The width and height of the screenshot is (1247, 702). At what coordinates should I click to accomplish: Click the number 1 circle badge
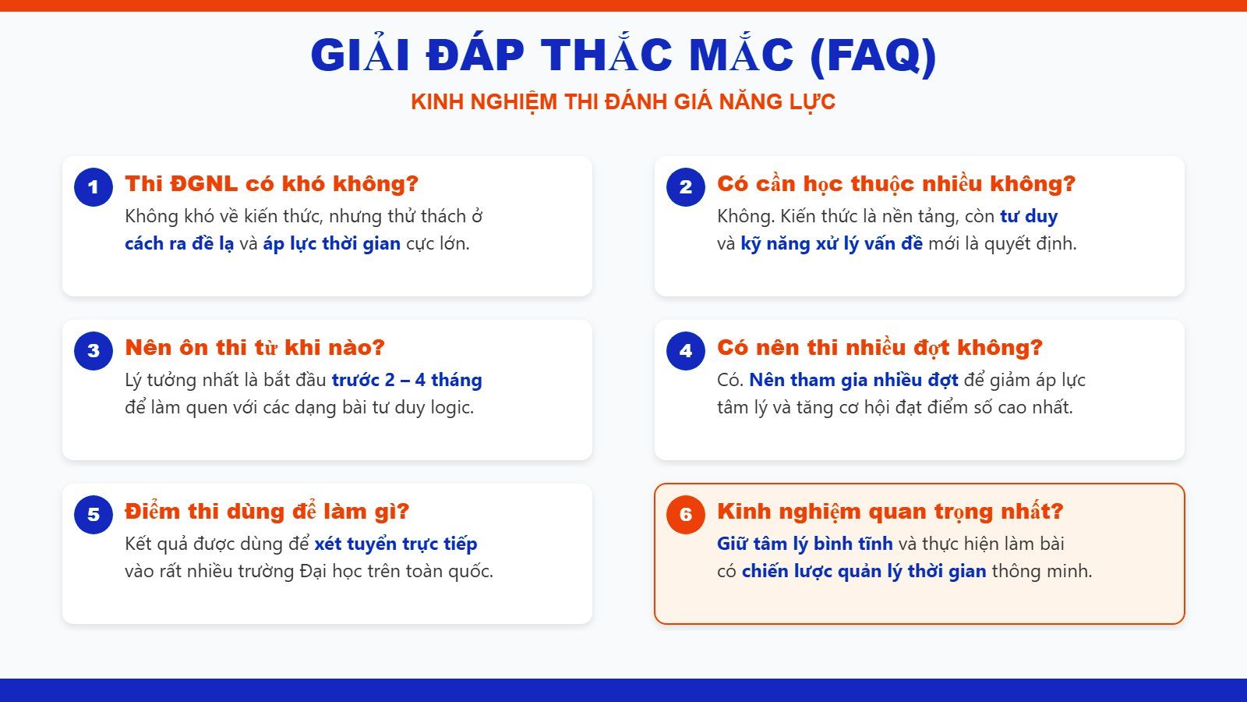[x=94, y=187]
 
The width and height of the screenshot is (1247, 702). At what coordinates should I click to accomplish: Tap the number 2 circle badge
[x=686, y=187]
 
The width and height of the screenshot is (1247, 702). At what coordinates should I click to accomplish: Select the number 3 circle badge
[x=94, y=351]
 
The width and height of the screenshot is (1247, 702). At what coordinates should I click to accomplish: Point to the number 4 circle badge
[x=686, y=351]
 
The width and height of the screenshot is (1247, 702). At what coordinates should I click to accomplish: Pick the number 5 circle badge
[x=94, y=515]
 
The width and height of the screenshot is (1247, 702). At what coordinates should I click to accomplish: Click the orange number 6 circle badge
[x=686, y=515]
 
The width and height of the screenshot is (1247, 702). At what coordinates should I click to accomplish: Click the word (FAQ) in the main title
[x=873, y=56]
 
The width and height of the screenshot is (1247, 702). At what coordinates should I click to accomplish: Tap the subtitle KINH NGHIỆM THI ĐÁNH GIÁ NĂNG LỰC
[x=623, y=102]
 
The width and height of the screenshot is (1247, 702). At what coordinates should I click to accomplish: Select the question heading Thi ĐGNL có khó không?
[x=271, y=184]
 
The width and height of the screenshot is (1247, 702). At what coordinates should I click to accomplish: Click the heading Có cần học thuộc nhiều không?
[x=896, y=184]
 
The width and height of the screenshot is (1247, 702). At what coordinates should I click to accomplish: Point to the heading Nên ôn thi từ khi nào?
[x=255, y=348]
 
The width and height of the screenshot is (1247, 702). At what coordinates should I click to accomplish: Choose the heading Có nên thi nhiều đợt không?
[x=880, y=348]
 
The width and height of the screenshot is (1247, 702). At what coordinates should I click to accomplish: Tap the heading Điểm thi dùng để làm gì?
[x=267, y=512]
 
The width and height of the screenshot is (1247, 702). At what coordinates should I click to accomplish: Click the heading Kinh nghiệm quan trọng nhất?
[x=890, y=512]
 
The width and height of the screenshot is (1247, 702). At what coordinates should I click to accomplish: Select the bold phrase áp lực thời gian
[x=331, y=243]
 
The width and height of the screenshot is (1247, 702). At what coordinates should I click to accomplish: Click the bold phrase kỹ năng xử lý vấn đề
[x=831, y=243]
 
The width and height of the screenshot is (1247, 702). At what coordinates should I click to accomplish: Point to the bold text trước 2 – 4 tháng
[x=407, y=380]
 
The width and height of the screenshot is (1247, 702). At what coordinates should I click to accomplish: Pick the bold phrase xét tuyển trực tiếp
[x=395, y=544]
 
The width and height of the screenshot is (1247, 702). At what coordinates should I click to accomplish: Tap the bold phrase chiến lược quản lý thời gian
[x=864, y=571]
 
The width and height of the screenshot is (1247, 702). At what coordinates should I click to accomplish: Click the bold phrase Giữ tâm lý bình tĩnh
[x=804, y=544]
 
